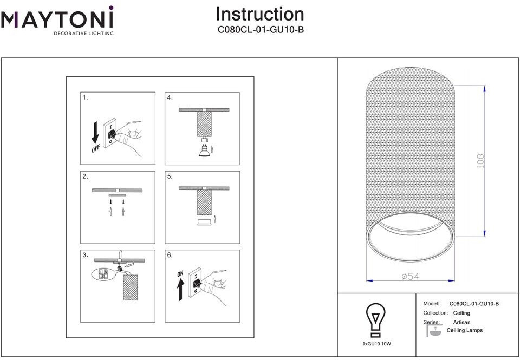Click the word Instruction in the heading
tap(260, 14)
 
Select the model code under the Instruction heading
tap(261, 30)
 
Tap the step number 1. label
tap(86, 98)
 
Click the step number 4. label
tap(170, 98)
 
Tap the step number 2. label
tap(86, 176)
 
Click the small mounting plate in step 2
tap(117, 196)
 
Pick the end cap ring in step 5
tap(203, 222)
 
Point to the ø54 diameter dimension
tap(411, 277)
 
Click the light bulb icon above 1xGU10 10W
tap(375, 320)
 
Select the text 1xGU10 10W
tap(376, 344)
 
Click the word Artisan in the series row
tap(461, 322)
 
